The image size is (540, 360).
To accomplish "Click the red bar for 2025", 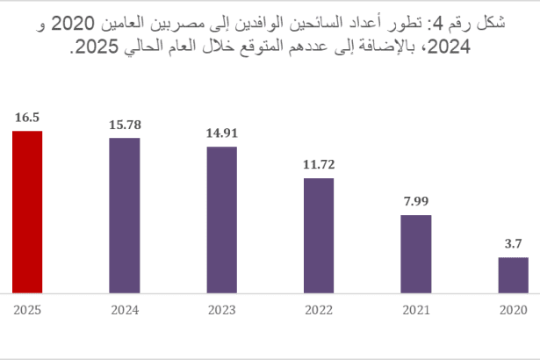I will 27,212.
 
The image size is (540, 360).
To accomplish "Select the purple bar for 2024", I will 125,215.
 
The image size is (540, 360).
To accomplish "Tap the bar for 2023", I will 221,220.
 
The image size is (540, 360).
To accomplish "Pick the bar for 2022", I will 319,235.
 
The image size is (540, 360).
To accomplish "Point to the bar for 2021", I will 416,254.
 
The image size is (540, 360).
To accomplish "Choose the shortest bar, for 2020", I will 513,275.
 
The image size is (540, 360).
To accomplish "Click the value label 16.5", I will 27,115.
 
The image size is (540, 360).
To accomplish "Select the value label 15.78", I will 125,122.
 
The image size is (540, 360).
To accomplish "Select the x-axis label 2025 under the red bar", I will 27,310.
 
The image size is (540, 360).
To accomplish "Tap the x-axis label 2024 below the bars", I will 125,310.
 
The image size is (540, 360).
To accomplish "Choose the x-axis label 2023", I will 221,310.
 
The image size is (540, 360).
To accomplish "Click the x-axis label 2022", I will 319,310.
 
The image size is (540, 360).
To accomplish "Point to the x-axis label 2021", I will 416,310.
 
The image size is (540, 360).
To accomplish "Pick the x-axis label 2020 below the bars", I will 513,310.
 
